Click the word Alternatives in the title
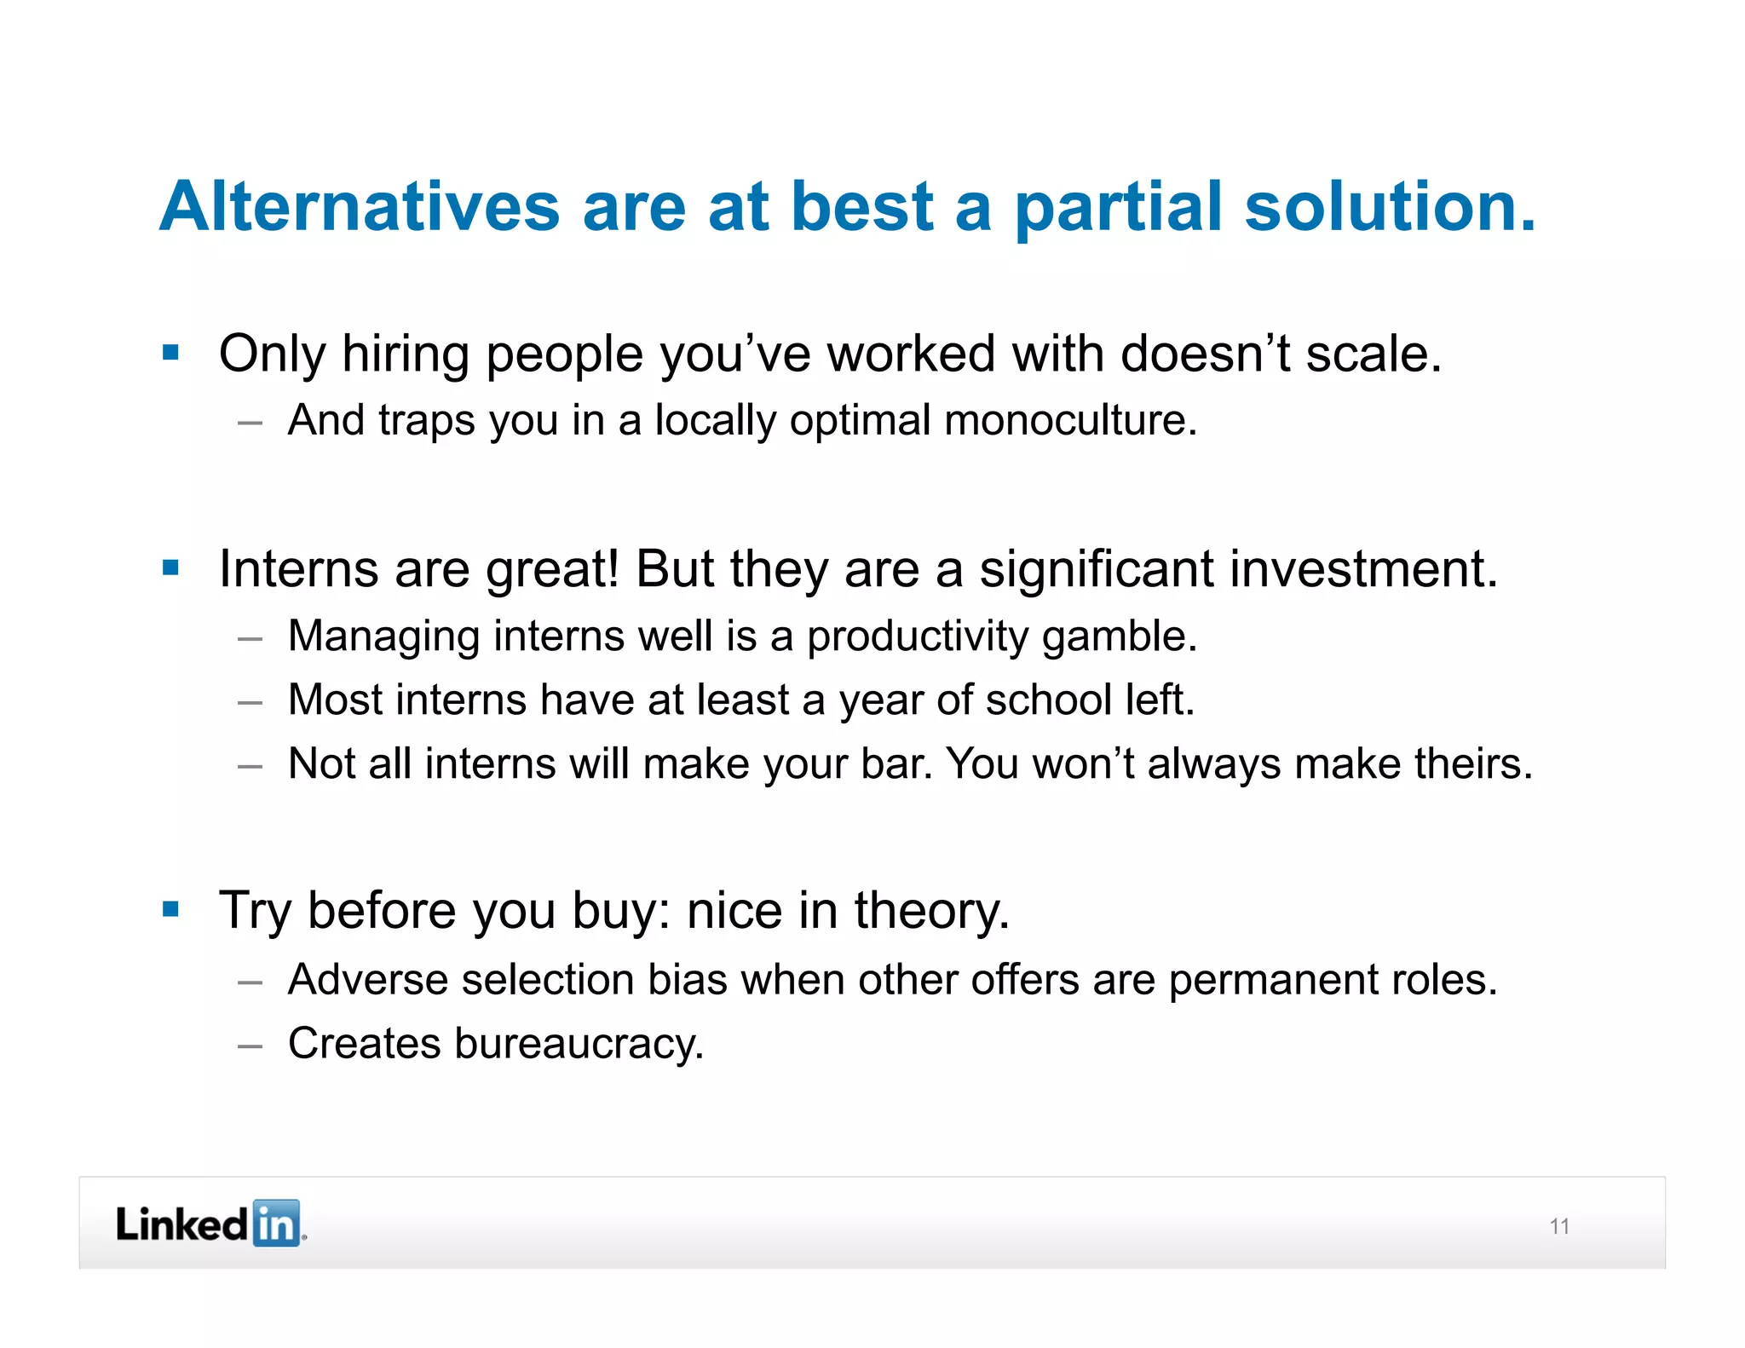pyautogui.click(x=359, y=206)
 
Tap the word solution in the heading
pyautogui.click(x=1389, y=206)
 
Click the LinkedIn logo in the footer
pyautogui.click(x=210, y=1224)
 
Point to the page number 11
pyautogui.click(x=1559, y=1226)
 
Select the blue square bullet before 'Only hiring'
pyautogui.click(x=170, y=352)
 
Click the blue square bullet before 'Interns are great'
pyautogui.click(x=170, y=567)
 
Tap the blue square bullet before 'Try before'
pyautogui.click(x=170, y=909)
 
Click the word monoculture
pyautogui.click(x=1069, y=420)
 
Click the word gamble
pyautogui.click(x=1119, y=637)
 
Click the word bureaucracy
pyautogui.click(x=579, y=1044)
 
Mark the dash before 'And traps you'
pyautogui.click(x=250, y=423)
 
